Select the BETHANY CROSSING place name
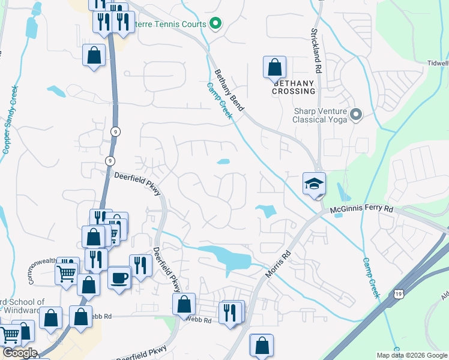click(x=294, y=87)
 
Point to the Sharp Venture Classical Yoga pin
click(x=356, y=114)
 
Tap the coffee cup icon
click(x=119, y=278)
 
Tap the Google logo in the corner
click(x=19, y=353)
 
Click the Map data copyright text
click(x=411, y=355)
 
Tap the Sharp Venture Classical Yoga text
click(x=321, y=115)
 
